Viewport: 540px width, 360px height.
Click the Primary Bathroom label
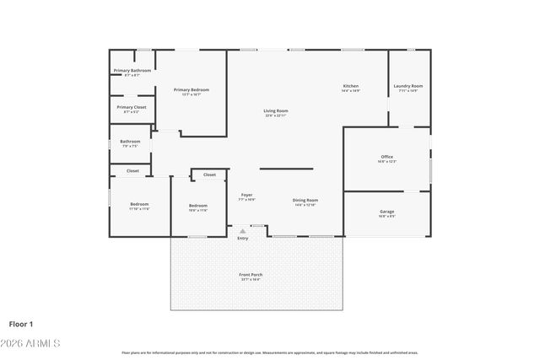(132, 71)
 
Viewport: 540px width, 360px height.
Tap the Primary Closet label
(132, 107)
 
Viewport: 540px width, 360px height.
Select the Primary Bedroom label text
(192, 89)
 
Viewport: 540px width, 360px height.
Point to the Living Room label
(276, 111)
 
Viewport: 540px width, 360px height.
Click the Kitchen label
(351, 86)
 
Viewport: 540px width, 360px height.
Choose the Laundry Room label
(408, 86)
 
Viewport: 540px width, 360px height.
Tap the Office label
(387, 157)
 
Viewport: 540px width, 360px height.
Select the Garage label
(387, 212)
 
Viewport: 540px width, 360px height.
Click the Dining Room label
(305, 200)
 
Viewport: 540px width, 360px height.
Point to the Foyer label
(246, 196)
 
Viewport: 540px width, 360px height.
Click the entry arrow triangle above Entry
(243, 230)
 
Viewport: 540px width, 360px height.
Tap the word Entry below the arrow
(243, 239)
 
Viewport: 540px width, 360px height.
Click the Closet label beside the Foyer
(209, 175)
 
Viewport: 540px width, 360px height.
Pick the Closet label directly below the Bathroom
(132, 170)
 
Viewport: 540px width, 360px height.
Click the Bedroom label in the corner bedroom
(139, 205)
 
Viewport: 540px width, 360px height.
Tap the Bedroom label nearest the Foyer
(197, 206)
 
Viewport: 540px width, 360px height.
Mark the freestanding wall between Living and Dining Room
(286, 169)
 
